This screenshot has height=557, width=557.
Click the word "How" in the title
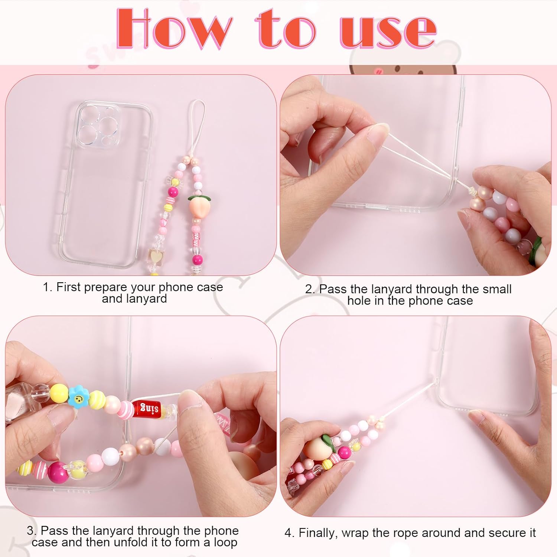tap(173, 29)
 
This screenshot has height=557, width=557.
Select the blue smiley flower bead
tap(79, 398)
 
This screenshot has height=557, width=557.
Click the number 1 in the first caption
tap(46, 287)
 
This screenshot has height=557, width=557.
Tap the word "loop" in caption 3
tap(225, 543)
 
